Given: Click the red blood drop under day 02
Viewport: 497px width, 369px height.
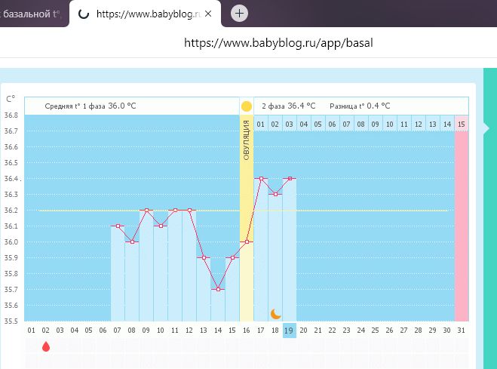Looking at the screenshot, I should point(46,346).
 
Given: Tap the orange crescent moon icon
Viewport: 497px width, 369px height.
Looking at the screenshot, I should point(275,313).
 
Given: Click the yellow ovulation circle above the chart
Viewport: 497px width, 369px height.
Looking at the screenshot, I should point(246,106).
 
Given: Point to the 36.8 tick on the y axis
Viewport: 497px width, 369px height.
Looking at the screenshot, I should point(11,115).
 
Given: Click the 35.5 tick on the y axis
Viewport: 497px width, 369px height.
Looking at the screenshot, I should point(11,321).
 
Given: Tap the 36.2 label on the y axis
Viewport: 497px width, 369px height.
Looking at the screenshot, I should point(11,211).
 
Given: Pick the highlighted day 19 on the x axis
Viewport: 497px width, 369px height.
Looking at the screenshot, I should point(289,330).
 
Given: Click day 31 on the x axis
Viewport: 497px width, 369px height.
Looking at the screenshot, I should point(461,330).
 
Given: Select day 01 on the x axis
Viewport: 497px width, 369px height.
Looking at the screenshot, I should point(32,330).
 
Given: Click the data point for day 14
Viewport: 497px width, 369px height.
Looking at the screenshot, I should point(218,289).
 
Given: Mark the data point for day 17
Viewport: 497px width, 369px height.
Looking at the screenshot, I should point(261,179).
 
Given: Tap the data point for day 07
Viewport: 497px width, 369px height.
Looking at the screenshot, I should point(118,226).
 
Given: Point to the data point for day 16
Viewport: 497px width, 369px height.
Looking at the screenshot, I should point(247,241).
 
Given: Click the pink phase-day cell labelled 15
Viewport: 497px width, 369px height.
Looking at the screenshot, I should point(461,123).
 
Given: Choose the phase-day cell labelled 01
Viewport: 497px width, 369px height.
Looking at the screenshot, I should point(260,123).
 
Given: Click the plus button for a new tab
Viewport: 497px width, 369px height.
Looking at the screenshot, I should point(239,13).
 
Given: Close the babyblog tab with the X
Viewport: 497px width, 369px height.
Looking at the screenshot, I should point(208,14).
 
